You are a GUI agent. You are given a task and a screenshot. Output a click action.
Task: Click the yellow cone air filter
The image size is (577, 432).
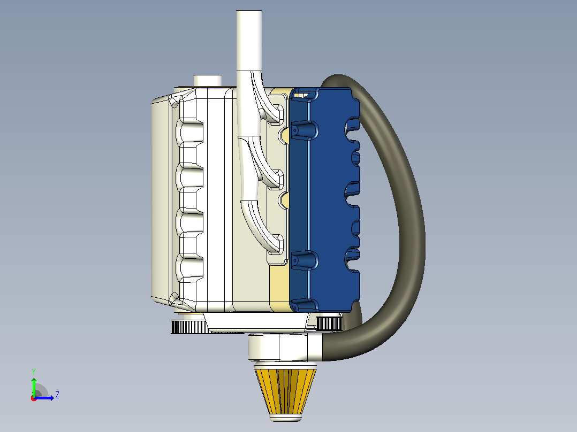[x=286, y=391]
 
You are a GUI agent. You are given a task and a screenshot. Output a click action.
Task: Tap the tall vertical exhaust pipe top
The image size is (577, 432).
[x=249, y=41]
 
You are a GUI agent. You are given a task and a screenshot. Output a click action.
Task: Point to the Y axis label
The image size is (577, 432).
[x=34, y=372]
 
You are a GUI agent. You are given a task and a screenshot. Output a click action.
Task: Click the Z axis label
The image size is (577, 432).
[x=57, y=395]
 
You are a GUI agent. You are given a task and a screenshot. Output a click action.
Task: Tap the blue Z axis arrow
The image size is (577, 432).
[x=44, y=398]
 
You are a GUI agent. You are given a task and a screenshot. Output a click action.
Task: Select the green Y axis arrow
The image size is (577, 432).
[x=34, y=387]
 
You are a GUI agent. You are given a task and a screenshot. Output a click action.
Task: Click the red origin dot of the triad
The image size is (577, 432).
[x=34, y=398]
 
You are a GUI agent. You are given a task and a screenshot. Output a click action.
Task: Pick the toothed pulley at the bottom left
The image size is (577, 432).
[x=189, y=327]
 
